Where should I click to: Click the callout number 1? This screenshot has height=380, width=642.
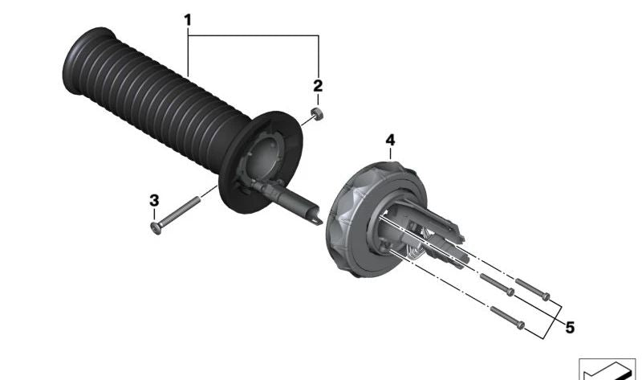pyautogui.click(x=188, y=19)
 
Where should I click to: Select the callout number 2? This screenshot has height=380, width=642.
pyautogui.click(x=318, y=86)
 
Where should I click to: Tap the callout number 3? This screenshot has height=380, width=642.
pyautogui.click(x=154, y=201)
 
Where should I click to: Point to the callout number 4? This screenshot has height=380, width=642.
pyautogui.click(x=390, y=141)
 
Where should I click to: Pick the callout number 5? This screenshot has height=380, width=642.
pyautogui.click(x=570, y=328)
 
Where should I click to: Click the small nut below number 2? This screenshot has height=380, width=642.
pyautogui.click(x=317, y=113)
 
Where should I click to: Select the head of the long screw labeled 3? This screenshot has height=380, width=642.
pyautogui.click(x=156, y=227)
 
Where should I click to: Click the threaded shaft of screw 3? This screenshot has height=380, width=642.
pyautogui.click(x=180, y=211)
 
